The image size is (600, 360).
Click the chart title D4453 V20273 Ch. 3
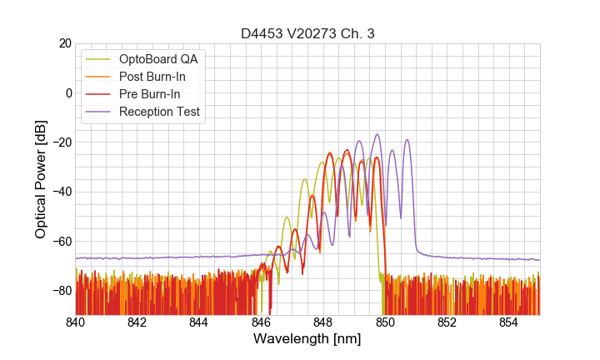click(307, 33)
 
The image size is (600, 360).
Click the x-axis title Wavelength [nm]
click(307, 339)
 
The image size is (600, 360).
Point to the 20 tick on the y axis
click(64, 43)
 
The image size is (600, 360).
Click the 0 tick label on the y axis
click(67, 92)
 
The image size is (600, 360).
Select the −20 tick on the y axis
click(62, 142)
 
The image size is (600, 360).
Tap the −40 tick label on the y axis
click(62, 192)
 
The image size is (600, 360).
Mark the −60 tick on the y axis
click(62, 241)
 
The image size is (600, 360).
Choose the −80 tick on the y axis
click(62, 291)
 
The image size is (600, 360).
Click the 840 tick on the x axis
click(76, 322)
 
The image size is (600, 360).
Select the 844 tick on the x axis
click(199, 322)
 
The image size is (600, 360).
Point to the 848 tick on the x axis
click(323, 322)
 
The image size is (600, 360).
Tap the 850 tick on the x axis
click(385, 322)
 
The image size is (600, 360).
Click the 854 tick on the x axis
click(508, 322)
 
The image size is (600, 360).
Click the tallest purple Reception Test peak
click(377, 135)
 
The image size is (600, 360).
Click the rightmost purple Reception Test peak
click(407, 140)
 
